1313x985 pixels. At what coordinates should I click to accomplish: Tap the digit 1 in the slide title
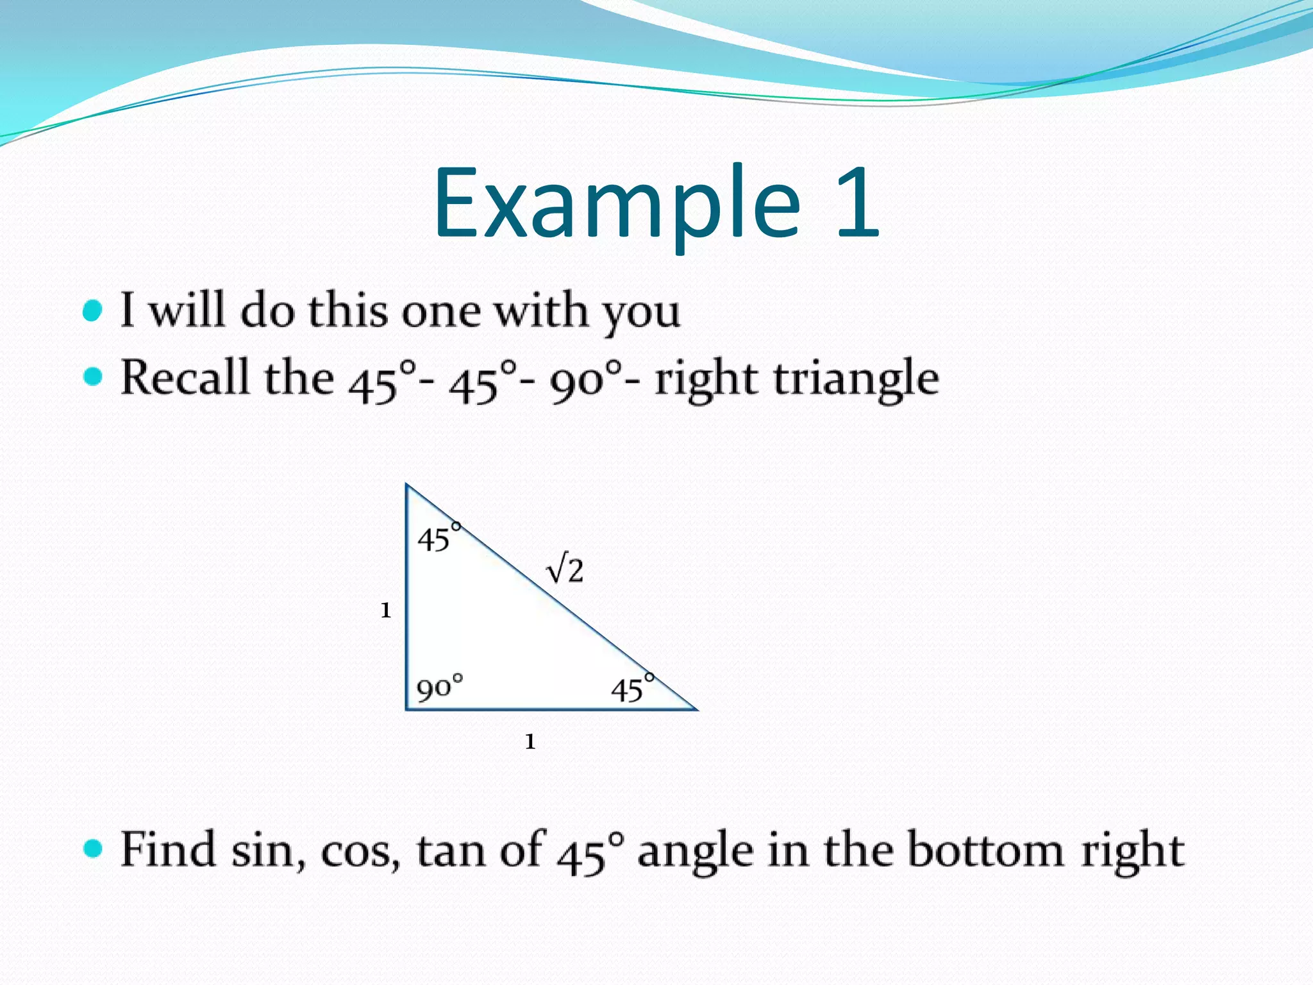click(857, 202)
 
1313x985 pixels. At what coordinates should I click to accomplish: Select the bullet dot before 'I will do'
click(93, 312)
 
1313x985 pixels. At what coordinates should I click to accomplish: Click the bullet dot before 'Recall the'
click(93, 377)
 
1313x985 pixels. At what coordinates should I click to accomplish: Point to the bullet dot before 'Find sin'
click(93, 848)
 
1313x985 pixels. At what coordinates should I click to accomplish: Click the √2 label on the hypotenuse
click(565, 570)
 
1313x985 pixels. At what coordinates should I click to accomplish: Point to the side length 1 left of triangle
click(385, 610)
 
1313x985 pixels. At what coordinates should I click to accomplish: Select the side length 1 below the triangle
click(530, 742)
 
